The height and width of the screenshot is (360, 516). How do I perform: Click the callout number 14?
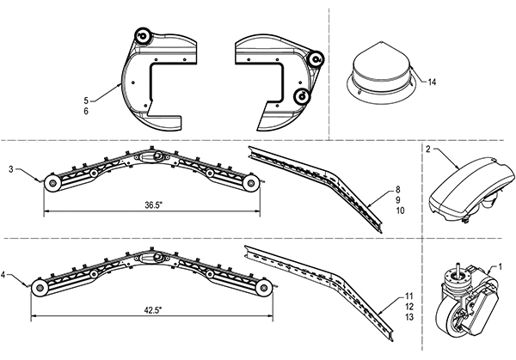(x=432, y=82)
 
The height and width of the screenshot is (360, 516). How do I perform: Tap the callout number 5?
(x=86, y=101)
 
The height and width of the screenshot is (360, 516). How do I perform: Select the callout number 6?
(x=86, y=111)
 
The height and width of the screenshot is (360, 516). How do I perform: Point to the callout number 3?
(x=11, y=169)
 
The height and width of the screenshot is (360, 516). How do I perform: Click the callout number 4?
(x=3, y=275)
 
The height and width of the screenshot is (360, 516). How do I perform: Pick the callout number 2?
(x=427, y=149)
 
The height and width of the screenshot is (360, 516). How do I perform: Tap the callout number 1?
(x=501, y=266)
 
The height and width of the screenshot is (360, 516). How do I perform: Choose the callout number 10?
(x=400, y=211)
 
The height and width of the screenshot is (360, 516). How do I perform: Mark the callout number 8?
(x=398, y=189)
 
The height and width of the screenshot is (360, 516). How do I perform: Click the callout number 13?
(x=409, y=317)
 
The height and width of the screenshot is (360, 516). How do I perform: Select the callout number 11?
(x=409, y=296)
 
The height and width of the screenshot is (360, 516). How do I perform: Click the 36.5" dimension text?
(x=154, y=205)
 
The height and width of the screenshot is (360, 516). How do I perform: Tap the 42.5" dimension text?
(x=153, y=310)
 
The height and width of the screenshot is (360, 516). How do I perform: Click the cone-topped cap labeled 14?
(x=382, y=75)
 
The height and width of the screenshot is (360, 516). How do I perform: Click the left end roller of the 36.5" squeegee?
(x=52, y=185)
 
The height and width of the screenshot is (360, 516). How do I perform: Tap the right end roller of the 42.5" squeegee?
(x=264, y=288)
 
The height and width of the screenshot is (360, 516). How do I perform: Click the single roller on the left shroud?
(x=143, y=35)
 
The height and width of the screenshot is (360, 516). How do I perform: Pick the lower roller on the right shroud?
(x=302, y=96)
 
